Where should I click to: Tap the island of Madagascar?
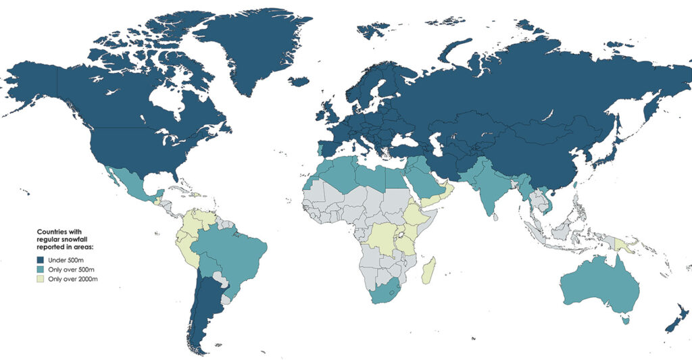428,270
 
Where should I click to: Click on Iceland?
298,81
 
